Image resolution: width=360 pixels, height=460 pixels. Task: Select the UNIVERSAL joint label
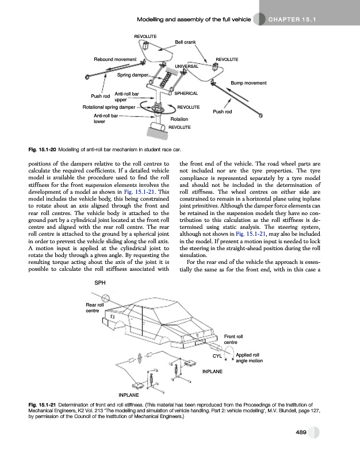(x=187, y=67)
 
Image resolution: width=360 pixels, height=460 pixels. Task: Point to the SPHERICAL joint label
(x=186, y=93)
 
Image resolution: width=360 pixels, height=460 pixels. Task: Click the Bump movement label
(x=248, y=83)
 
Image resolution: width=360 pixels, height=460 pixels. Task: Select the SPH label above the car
(x=99, y=282)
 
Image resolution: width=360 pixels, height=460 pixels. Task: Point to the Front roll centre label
(x=233, y=339)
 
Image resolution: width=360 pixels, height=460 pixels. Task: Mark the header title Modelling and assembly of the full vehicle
(x=193, y=20)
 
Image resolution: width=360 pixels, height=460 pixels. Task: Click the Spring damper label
(x=132, y=75)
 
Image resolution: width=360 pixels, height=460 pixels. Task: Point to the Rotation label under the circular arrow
(x=179, y=118)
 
